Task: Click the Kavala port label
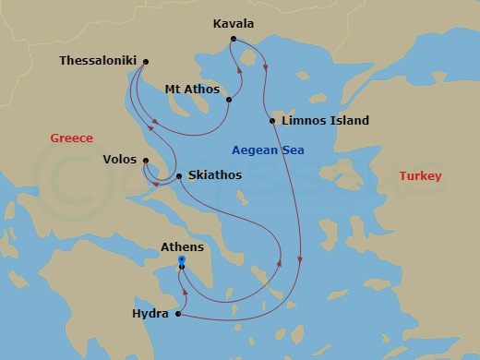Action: coord(234,22)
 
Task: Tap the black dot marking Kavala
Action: coord(234,39)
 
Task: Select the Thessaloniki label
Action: coord(98,61)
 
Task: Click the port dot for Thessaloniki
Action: coord(146,62)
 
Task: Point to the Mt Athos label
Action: coord(192,90)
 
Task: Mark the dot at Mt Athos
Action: coord(229,100)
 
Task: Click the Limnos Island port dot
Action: coord(272,121)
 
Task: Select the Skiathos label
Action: coord(212,175)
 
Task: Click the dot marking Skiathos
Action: coord(178,175)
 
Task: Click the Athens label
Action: coord(182,247)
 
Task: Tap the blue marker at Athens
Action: coord(182,260)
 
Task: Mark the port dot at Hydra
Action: coord(177,315)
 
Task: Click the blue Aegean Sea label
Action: coord(268,150)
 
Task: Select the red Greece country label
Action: coord(71,138)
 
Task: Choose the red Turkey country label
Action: coord(420,176)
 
